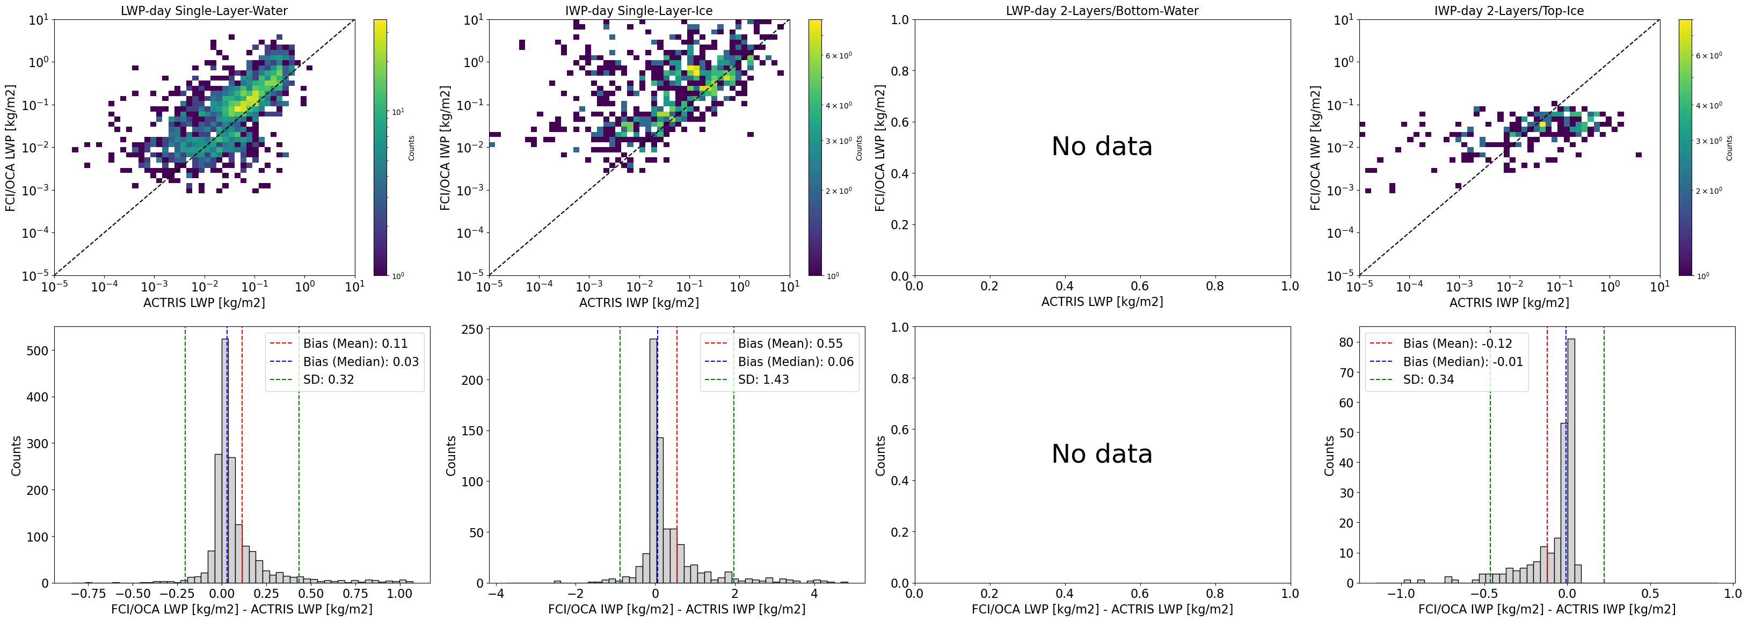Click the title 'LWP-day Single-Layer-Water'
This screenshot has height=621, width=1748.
[x=203, y=11]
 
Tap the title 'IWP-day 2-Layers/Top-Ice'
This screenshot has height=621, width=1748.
[x=1509, y=11]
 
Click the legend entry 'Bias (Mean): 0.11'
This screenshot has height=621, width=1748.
[x=355, y=344]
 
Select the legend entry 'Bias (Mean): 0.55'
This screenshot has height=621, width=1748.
[x=790, y=344]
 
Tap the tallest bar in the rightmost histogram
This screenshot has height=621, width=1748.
[x=1571, y=462]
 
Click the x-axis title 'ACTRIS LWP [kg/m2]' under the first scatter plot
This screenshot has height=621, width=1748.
[x=203, y=303]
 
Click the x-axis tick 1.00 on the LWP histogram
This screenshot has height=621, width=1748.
[x=399, y=594]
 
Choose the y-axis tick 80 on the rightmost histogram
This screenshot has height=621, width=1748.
[x=1346, y=343]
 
